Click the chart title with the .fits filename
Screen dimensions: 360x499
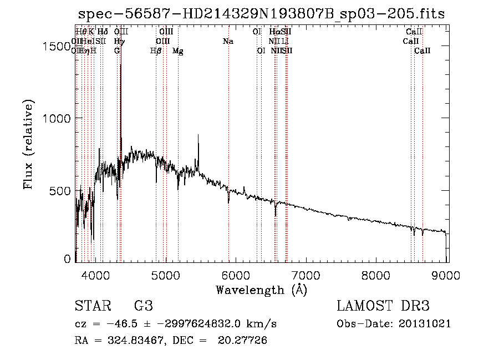click(x=262, y=14)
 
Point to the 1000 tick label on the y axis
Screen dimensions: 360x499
click(x=57, y=118)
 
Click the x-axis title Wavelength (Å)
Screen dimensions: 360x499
click(x=261, y=290)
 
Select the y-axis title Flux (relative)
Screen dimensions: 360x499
click(x=29, y=144)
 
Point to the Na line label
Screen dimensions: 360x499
click(x=228, y=42)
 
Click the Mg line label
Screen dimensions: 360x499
click(x=178, y=51)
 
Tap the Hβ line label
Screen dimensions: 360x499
click(x=156, y=51)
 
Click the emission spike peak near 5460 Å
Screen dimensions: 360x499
click(x=198, y=135)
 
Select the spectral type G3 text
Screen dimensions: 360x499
click(x=143, y=306)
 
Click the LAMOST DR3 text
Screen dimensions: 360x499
click(x=383, y=306)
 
